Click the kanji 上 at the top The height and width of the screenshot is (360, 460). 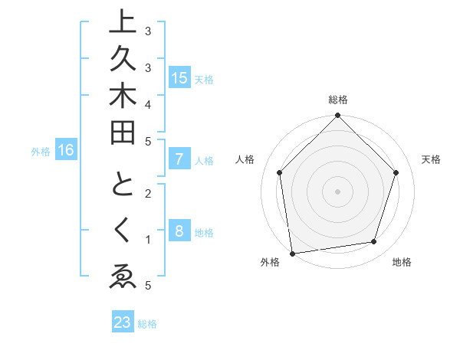tap(123, 22)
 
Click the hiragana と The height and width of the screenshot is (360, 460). tap(123, 185)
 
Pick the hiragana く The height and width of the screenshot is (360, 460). tap(123, 231)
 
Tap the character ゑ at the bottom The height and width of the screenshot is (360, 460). tap(123, 277)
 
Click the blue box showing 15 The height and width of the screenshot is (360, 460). tap(179, 78)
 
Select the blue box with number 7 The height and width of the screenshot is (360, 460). tap(179, 159)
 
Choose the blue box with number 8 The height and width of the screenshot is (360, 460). tap(179, 231)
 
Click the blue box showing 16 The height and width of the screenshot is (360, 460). tap(65, 151)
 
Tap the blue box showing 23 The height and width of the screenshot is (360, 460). tap(122, 322)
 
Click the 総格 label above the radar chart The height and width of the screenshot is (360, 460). tap(337, 100)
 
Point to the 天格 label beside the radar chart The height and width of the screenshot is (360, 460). tap(431, 159)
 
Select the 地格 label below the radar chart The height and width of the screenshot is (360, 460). tap(402, 262)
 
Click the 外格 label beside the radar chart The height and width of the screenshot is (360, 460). tap(269, 262)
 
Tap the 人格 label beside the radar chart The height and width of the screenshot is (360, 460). tap(245, 159)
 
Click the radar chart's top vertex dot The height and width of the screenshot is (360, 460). tap(337, 116)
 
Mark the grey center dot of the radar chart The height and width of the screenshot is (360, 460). tap(337, 190)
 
